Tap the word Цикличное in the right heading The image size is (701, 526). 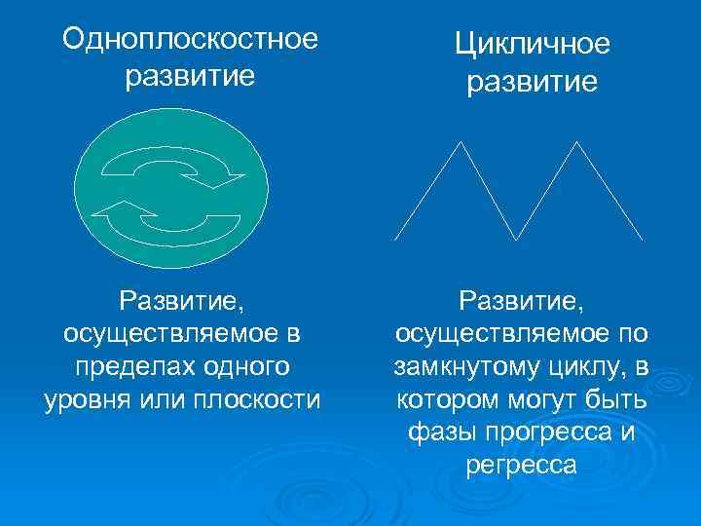pyautogui.click(x=532, y=44)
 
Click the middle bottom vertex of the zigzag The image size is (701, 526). pyautogui.click(x=518, y=239)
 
